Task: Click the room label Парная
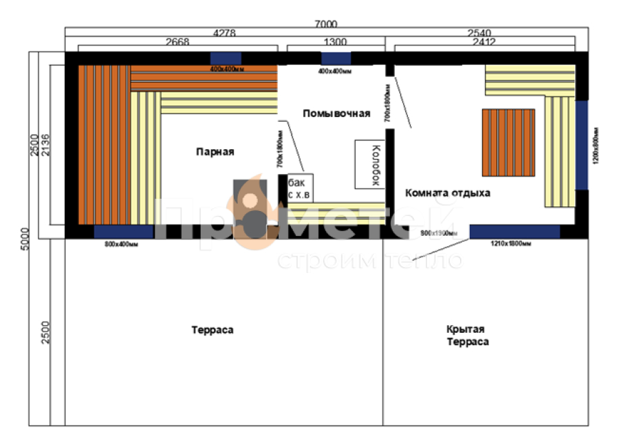click(x=214, y=152)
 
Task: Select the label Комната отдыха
click(x=447, y=193)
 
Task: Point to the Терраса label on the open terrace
click(x=213, y=330)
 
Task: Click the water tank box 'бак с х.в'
click(x=300, y=188)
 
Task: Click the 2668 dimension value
click(x=178, y=42)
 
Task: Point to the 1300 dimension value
click(x=334, y=42)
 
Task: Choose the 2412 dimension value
click(x=481, y=42)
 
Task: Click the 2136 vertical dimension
click(x=45, y=146)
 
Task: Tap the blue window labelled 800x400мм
click(x=124, y=232)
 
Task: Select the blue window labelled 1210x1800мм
click(x=514, y=231)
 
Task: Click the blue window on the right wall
click(x=582, y=145)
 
